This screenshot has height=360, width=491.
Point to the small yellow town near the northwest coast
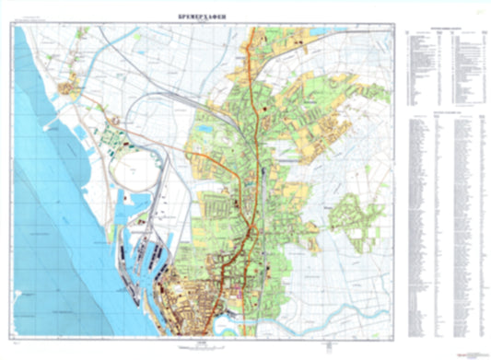[x=70, y=89]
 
